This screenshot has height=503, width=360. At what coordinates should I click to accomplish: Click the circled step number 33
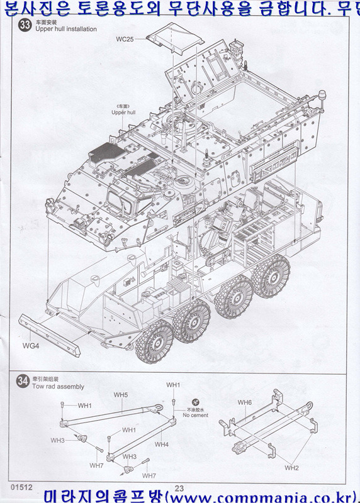25,25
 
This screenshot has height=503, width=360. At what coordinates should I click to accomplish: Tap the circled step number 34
23,381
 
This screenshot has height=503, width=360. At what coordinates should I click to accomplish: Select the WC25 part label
125,39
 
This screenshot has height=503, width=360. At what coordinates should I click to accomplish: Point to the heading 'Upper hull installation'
66,30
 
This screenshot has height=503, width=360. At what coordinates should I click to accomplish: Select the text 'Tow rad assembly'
58,387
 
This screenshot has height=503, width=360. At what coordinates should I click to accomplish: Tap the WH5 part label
121,395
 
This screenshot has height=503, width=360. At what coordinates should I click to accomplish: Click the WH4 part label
162,445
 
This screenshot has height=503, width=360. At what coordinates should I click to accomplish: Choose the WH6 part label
245,402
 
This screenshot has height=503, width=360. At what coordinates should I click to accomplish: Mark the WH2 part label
291,468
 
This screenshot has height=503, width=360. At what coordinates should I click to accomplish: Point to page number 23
179,488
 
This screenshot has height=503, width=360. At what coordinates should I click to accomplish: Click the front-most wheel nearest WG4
155,341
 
